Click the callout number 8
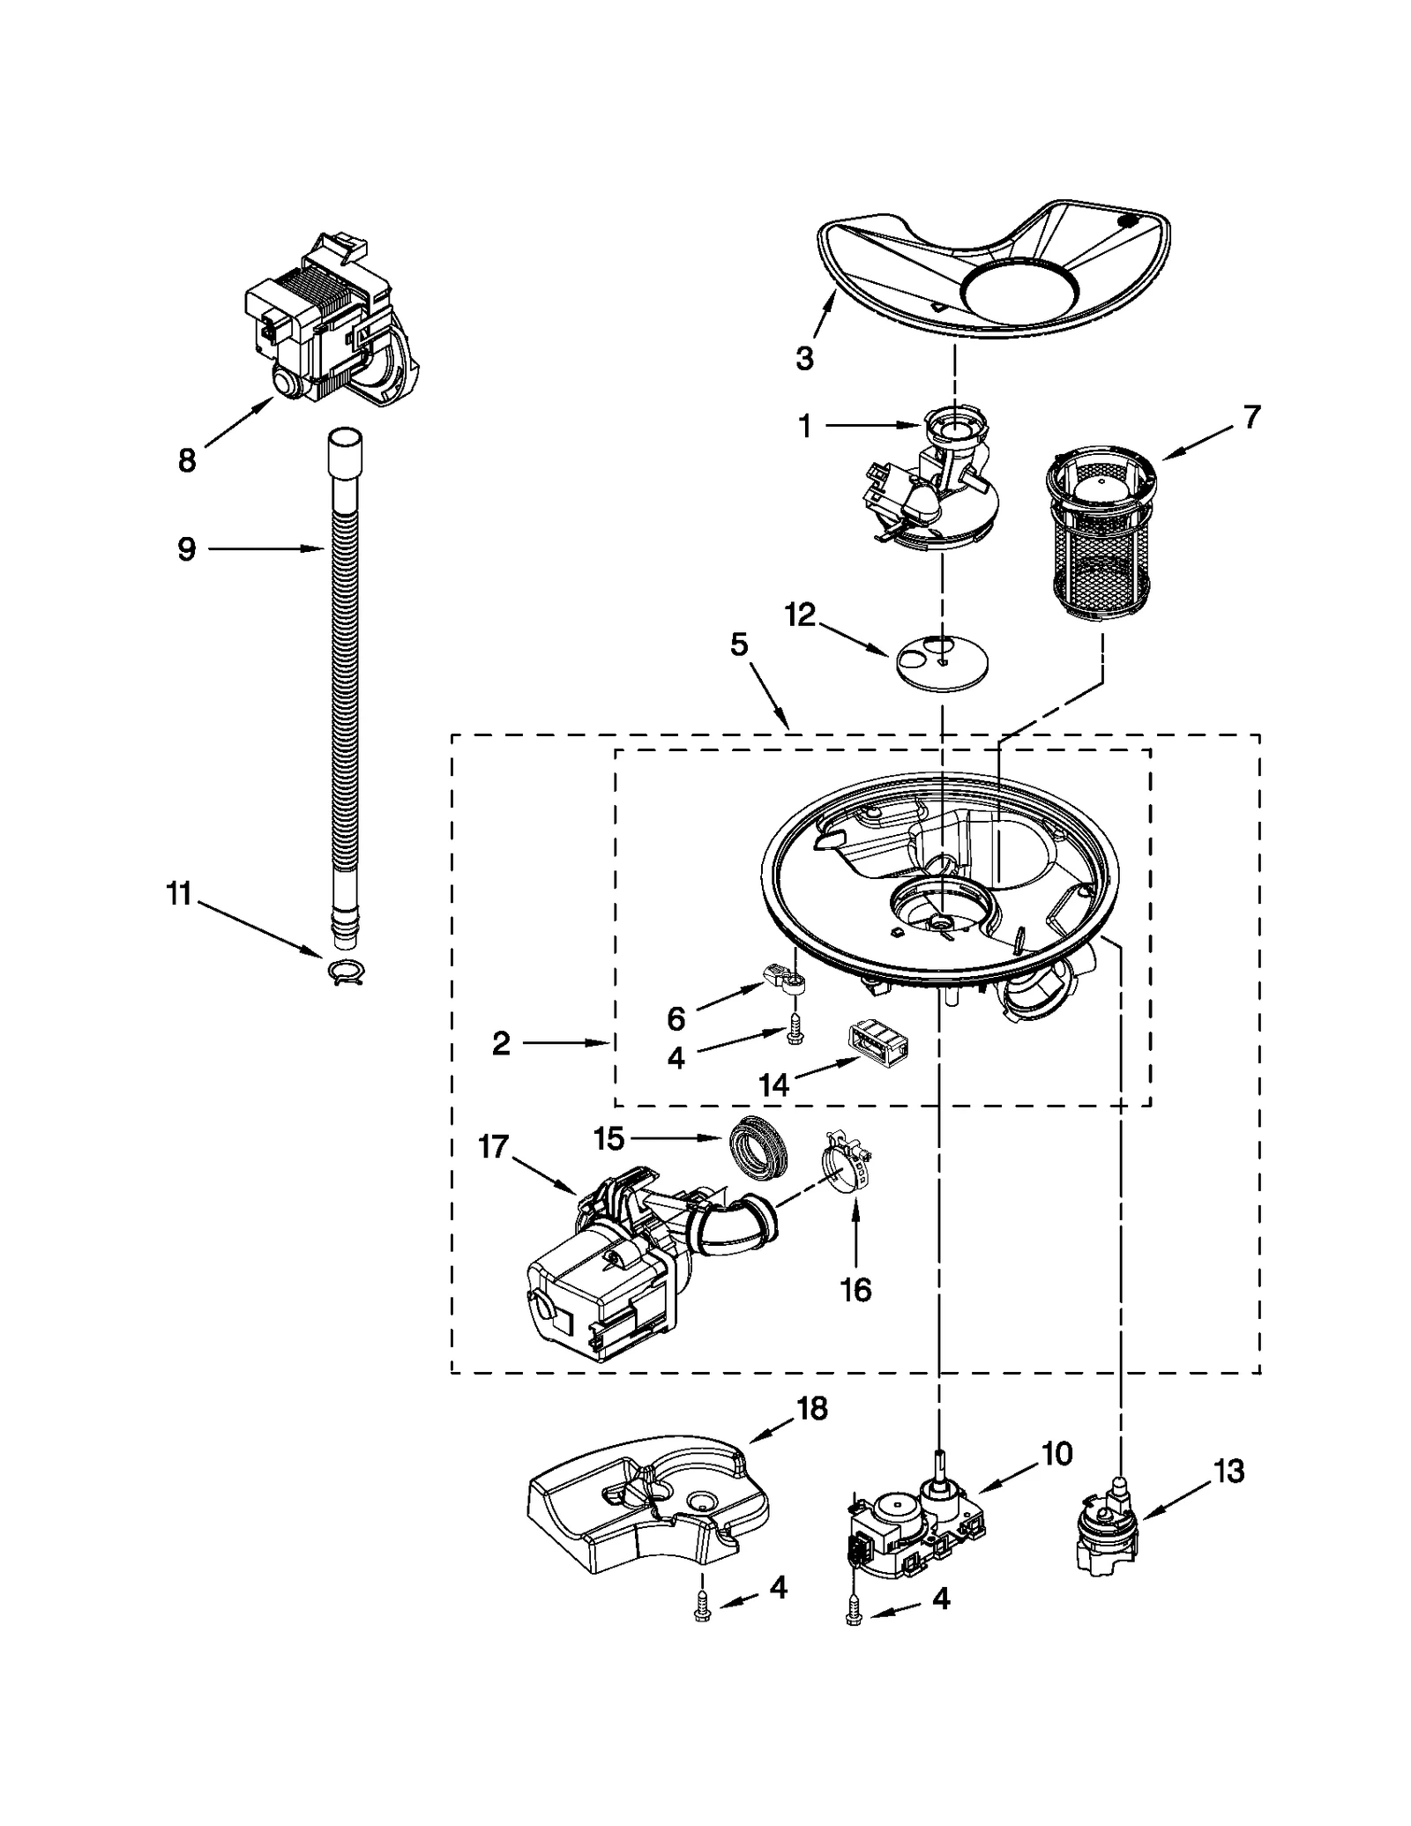pos(187,460)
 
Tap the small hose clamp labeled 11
pos(347,971)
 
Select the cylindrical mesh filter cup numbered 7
pos(1099,534)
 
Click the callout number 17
pos(493,1147)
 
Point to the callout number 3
pos(803,358)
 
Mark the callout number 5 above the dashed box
pos(739,645)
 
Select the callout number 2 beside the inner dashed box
pos(501,1044)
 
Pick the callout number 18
pos(812,1409)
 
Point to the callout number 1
pos(803,427)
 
